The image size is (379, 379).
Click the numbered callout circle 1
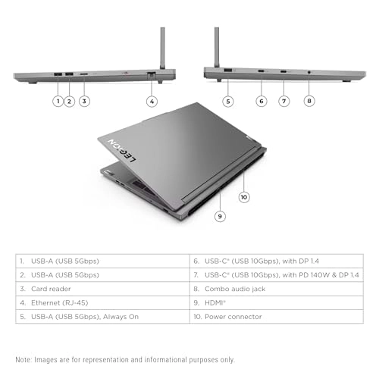tap(57, 100)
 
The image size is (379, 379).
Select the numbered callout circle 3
tap(84, 100)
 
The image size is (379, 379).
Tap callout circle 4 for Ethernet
tap(152, 100)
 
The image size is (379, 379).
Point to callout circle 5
tap(227, 100)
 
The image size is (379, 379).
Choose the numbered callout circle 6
tap(262, 100)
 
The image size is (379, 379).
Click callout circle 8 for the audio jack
tap(309, 100)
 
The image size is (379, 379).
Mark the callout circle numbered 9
tap(220, 216)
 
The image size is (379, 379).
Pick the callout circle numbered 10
tap(243, 197)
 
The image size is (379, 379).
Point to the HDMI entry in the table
tap(218, 302)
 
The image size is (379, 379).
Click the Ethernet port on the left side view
tap(152, 74)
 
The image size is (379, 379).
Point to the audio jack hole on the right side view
tap(309, 73)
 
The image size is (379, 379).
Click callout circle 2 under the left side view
tap(69, 100)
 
